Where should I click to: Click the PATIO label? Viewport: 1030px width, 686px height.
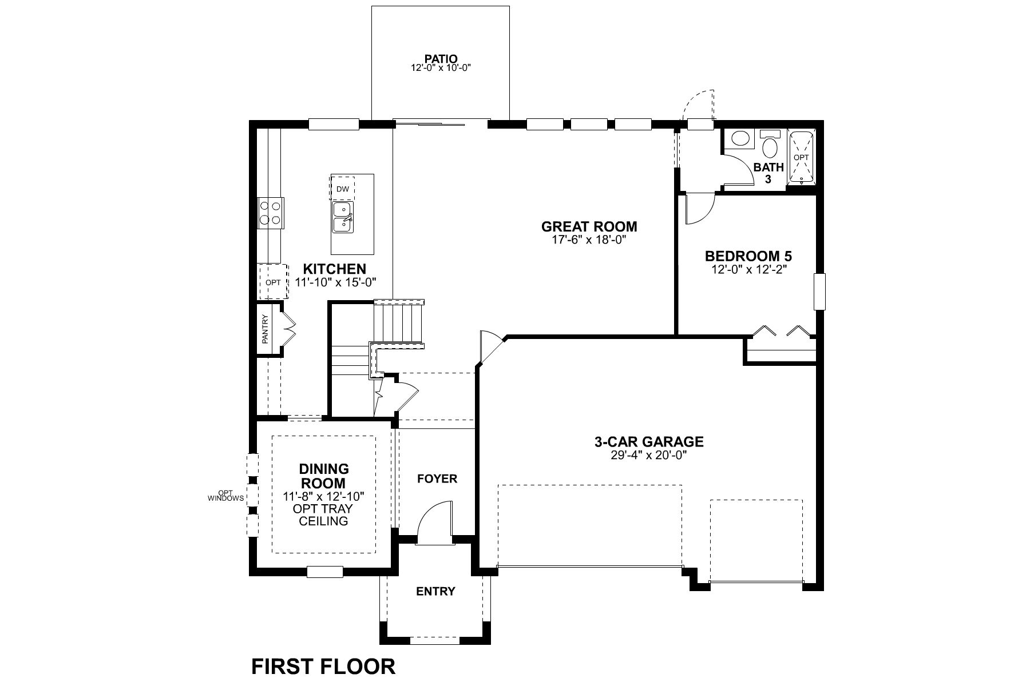[x=441, y=58]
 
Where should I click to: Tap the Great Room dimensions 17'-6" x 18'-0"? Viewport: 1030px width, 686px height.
[x=589, y=240]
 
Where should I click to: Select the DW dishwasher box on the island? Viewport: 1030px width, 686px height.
[x=342, y=188]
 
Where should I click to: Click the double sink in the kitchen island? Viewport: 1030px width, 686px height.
[x=343, y=218]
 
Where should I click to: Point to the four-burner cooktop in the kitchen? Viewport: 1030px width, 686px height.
[x=270, y=212]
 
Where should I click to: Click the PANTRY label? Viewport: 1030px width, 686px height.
[x=265, y=329]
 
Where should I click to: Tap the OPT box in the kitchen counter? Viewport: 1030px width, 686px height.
[x=273, y=282]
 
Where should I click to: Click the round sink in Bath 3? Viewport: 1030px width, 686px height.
[x=741, y=138]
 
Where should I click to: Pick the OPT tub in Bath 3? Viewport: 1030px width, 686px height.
[x=801, y=157]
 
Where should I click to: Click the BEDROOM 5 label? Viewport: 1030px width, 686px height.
[x=748, y=256]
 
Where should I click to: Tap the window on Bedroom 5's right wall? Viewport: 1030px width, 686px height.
[x=820, y=292]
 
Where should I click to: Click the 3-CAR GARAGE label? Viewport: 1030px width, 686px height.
[x=648, y=442]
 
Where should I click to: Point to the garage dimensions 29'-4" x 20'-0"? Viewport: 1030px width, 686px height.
[x=648, y=455]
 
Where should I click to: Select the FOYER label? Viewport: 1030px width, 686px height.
[x=437, y=478]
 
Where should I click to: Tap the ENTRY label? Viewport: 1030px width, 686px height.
[x=435, y=591]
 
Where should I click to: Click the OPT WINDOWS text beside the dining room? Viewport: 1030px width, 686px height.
[x=225, y=496]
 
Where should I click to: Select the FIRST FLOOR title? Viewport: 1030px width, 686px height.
[x=323, y=667]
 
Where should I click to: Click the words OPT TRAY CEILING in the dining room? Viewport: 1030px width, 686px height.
[x=323, y=514]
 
